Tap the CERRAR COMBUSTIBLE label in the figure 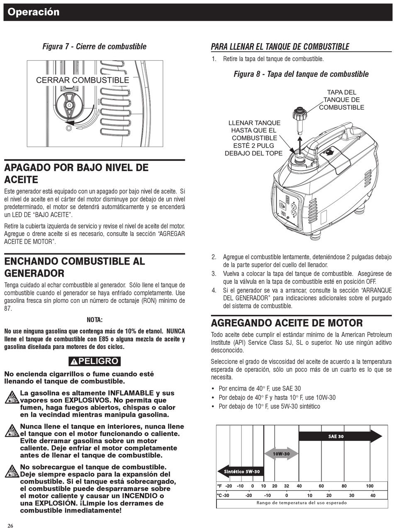click(x=83, y=80)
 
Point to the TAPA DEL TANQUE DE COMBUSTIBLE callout click(x=341, y=100)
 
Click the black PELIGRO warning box click(x=95, y=361)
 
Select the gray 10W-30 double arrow click(x=281, y=454)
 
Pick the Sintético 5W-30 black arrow click(x=241, y=472)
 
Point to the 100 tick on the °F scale click(x=370, y=486)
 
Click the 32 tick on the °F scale click(x=286, y=486)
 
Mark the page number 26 click(x=10, y=526)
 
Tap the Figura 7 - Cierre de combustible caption click(x=95, y=47)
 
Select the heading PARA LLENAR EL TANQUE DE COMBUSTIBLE click(x=280, y=47)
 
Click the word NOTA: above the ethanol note click(x=95, y=319)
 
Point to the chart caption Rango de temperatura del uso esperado click(x=302, y=503)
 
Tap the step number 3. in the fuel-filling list click(x=214, y=274)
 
